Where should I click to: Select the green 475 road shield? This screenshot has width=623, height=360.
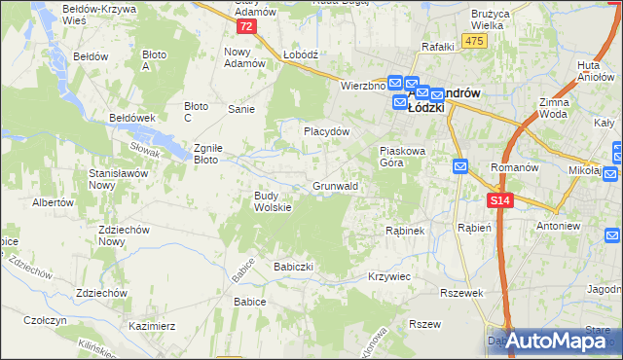click(x=474, y=40)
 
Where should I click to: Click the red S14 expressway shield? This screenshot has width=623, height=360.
click(x=499, y=200)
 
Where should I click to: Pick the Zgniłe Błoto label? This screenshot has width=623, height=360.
click(x=209, y=153)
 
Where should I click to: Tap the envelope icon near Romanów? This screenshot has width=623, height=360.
click(x=459, y=167)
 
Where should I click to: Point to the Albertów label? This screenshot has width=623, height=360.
click(x=54, y=202)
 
